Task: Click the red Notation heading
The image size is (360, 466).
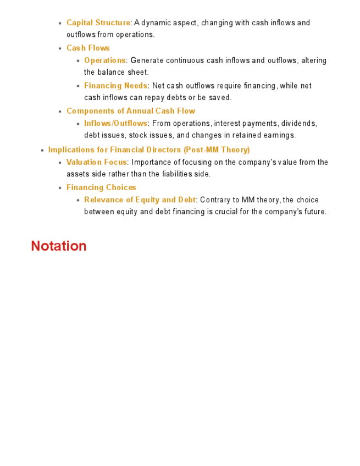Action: (59, 246)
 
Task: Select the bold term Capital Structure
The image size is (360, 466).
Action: (98, 23)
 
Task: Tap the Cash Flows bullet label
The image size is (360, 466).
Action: (88, 48)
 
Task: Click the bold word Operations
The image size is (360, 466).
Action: (104, 60)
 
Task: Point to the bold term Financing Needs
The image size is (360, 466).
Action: (115, 86)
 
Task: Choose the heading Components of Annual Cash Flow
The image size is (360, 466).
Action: (131, 111)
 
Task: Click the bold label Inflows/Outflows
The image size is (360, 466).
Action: (115, 124)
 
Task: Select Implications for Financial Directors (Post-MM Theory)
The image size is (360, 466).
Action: (149, 149)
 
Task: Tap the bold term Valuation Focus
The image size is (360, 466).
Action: (97, 162)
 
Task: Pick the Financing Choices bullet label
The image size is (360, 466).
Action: (101, 187)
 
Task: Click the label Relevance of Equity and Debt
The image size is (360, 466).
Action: (140, 200)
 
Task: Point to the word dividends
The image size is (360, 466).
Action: (299, 124)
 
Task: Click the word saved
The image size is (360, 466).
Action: (220, 98)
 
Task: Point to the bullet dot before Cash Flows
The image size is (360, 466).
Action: (60, 48)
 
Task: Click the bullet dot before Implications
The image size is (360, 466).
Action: (42, 150)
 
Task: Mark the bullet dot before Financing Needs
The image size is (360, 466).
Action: (78, 86)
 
